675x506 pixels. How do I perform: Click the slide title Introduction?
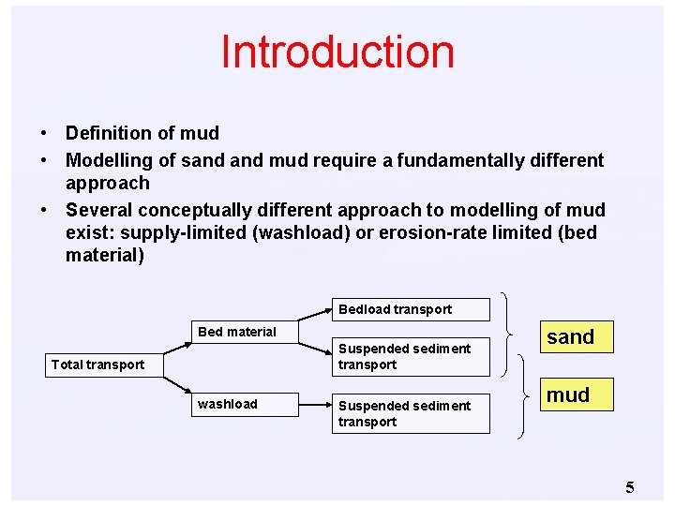337,52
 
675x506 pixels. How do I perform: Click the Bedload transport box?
410,309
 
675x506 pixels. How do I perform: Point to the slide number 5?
630,486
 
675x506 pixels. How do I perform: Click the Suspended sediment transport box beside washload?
410,413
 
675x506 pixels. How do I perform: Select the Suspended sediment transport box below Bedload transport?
410,356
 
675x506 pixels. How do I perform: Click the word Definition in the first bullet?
107,133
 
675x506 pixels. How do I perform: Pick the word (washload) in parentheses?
296,231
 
